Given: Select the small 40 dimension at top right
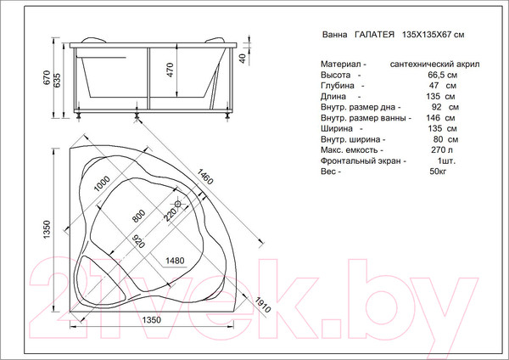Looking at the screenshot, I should pos(243,58).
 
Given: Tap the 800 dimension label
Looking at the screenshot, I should pos(138,217).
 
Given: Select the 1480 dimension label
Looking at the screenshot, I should pos(175,260).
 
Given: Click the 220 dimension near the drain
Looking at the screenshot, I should pos(168,214).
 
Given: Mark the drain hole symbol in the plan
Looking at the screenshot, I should pos(178,205).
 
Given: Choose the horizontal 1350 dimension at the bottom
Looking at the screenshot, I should pos(152,319).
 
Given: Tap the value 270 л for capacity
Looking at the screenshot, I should pos(436,150).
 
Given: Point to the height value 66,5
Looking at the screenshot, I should pos(433,76).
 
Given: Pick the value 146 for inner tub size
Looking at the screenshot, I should pos(433,118).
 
